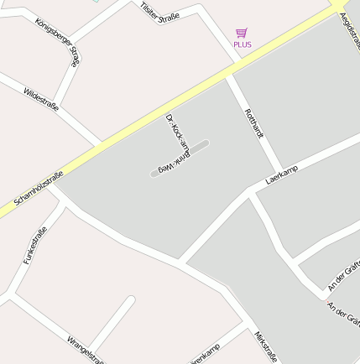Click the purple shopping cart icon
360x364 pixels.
tap(242, 33)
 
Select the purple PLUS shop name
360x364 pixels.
tap(243, 44)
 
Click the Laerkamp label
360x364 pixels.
tap(282, 174)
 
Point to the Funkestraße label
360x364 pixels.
tap(34, 247)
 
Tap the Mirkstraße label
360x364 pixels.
tap(266, 346)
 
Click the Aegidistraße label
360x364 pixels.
tap(348, 25)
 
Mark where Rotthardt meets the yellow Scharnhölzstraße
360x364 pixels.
tap(227, 75)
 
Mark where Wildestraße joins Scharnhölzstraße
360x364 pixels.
tap(102, 143)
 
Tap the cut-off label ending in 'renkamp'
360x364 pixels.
tap(206, 355)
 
